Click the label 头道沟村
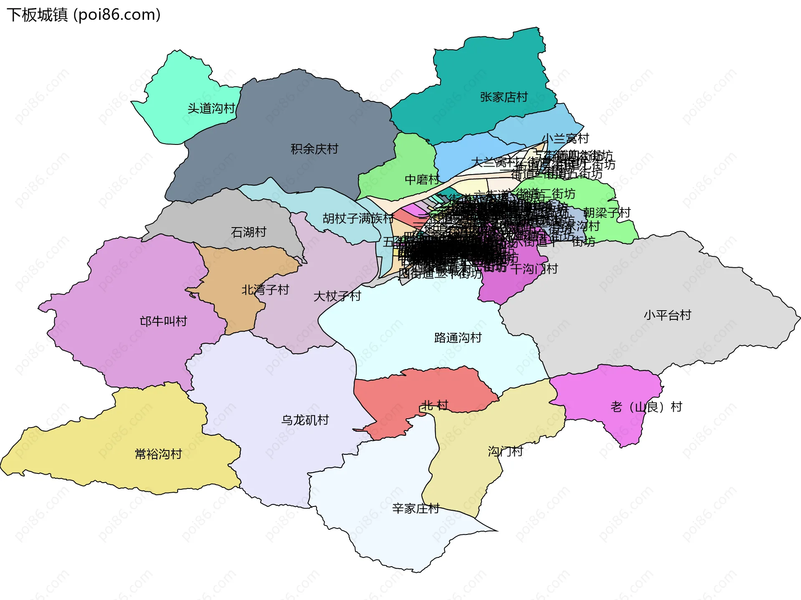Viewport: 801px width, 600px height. [211, 109]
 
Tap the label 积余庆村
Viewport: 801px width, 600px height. [314, 149]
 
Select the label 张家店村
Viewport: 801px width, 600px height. [504, 97]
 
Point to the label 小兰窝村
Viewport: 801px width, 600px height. [565, 138]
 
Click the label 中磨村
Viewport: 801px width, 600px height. [422, 180]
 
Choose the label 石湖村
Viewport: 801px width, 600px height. [249, 232]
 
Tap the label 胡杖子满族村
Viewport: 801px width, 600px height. [358, 218]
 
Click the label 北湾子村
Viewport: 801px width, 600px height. [265, 290]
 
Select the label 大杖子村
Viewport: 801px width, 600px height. [337, 296]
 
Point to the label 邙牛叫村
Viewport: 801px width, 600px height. [164, 322]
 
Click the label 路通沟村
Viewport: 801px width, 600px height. [458, 338]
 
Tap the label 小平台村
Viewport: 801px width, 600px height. [667, 315]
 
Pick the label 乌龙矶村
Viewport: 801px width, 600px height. [305, 420]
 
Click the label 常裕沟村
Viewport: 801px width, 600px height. [159, 454]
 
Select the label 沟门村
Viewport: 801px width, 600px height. [505, 451]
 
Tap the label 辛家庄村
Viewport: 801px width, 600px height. [416, 509]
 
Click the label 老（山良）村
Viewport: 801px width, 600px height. [646, 407]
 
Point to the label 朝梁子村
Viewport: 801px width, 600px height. [607, 213]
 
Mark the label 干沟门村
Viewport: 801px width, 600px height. [534, 269]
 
